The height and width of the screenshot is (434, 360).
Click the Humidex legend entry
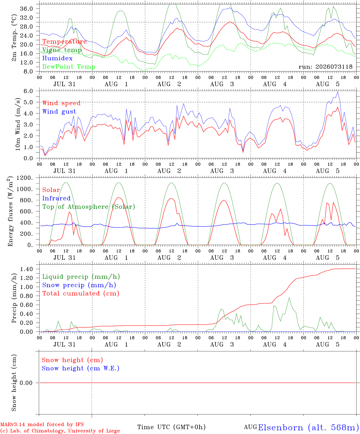(x=57, y=58)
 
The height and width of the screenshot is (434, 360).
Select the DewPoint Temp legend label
(x=69, y=67)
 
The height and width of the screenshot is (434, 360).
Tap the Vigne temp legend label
(x=62, y=50)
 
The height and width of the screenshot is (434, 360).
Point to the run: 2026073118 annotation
(x=325, y=67)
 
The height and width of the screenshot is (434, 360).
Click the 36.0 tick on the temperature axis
(x=27, y=9)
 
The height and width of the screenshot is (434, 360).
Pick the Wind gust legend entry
(x=59, y=112)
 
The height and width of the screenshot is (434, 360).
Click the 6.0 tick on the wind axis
(x=28, y=91)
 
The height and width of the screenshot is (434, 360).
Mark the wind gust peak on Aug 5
(x=338, y=92)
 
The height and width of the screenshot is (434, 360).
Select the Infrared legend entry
(x=56, y=198)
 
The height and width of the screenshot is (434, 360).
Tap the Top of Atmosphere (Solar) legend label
(x=89, y=207)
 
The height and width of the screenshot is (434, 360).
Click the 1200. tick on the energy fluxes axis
(x=25, y=178)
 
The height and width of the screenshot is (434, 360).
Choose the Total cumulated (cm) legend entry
(x=81, y=294)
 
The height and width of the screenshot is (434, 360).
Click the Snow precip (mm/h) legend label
(x=79, y=285)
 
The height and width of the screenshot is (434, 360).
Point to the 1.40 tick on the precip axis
(x=27, y=269)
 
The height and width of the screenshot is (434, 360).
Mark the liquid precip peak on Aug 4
(x=289, y=298)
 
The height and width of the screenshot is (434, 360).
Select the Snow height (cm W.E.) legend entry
(x=81, y=368)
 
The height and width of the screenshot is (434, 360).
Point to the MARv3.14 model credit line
(x=42, y=424)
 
